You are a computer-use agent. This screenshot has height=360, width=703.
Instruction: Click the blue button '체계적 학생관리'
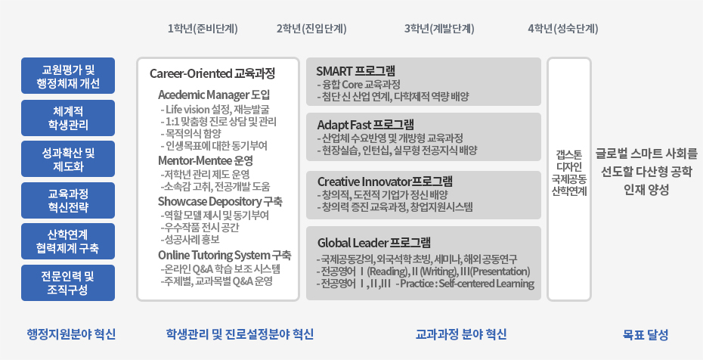(x=68, y=118)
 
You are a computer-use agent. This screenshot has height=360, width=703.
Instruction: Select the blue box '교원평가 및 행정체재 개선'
(x=68, y=76)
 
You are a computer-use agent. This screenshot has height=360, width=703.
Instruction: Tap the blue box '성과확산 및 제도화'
(x=68, y=159)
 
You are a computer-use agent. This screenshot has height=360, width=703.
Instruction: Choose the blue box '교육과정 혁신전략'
(x=68, y=200)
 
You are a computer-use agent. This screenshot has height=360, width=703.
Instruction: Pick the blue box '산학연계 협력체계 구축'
(x=68, y=241)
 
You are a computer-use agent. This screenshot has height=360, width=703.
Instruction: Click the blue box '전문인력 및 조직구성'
(x=68, y=283)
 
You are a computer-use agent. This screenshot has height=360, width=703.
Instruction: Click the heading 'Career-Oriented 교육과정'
(x=212, y=73)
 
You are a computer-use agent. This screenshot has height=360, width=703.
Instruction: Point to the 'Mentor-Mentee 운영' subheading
(x=206, y=160)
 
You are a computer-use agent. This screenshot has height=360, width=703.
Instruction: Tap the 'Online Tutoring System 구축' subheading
(x=225, y=255)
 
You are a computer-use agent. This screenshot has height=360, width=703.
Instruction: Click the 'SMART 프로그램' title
(x=355, y=71)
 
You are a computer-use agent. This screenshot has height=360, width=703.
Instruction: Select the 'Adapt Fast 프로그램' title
(x=366, y=124)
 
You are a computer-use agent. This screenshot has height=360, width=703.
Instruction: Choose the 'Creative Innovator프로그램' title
(x=385, y=182)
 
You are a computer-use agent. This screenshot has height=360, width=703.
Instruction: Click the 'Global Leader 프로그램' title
(x=374, y=243)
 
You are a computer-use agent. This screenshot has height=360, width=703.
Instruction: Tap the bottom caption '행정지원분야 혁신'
(x=71, y=334)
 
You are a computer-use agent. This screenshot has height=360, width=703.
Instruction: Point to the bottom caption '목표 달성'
(x=646, y=334)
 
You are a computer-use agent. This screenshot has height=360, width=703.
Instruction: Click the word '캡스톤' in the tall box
(x=569, y=155)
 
